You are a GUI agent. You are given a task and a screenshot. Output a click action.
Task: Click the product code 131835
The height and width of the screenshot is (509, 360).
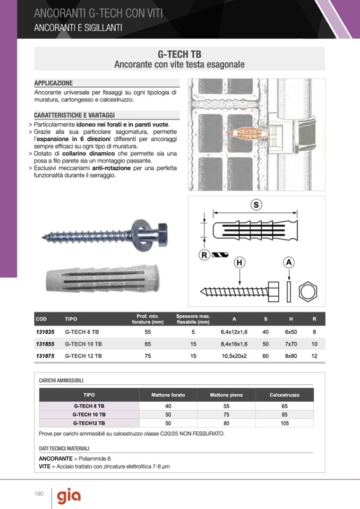click(45, 332)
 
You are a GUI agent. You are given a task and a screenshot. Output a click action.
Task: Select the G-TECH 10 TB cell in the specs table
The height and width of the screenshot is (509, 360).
click(83, 344)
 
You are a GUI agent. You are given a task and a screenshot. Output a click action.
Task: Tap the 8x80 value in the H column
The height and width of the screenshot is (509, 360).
click(290, 356)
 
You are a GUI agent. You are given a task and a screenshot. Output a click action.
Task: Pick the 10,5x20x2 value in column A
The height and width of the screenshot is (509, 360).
click(234, 356)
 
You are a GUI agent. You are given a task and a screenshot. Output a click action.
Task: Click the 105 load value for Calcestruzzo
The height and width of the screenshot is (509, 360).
click(285, 423)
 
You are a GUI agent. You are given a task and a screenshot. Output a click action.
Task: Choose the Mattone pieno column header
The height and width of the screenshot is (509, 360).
click(226, 395)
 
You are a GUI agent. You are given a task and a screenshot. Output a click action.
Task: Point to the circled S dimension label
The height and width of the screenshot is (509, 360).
click(256, 205)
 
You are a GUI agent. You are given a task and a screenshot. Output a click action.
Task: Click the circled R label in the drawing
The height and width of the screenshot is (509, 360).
click(204, 255)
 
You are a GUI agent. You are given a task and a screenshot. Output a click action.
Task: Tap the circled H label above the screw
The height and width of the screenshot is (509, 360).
click(239, 263)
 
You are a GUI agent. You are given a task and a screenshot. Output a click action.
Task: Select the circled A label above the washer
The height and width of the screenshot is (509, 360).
click(289, 262)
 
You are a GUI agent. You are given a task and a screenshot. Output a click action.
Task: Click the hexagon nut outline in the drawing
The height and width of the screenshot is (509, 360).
click(309, 292)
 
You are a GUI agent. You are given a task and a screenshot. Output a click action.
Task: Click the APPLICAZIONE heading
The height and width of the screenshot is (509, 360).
click(54, 83)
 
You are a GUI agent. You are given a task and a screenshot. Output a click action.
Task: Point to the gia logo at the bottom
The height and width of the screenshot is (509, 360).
click(69, 496)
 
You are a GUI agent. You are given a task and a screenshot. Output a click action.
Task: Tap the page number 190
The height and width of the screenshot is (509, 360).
click(39, 494)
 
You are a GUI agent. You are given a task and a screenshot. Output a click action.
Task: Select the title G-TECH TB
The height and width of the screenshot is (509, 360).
click(179, 55)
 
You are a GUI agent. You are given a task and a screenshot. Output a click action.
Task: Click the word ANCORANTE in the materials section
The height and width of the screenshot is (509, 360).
click(56, 458)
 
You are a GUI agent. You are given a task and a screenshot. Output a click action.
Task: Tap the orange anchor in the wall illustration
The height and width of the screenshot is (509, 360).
click(247, 133)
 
